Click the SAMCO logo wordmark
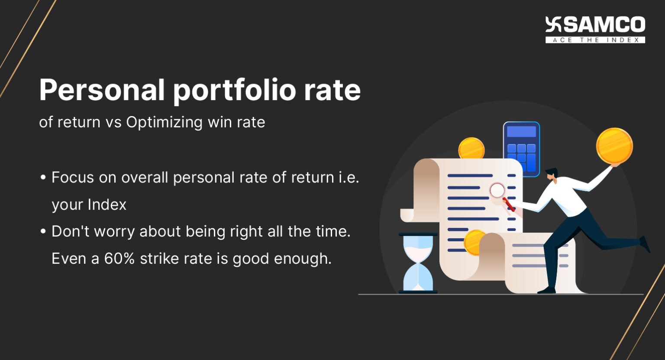(x=604, y=25)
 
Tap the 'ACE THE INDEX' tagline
(x=595, y=40)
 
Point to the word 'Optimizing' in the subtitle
(x=164, y=122)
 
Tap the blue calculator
(x=521, y=149)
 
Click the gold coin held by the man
(x=614, y=146)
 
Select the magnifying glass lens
(x=497, y=190)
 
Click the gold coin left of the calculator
(x=471, y=149)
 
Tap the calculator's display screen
(x=521, y=132)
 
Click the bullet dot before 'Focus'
(x=43, y=178)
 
